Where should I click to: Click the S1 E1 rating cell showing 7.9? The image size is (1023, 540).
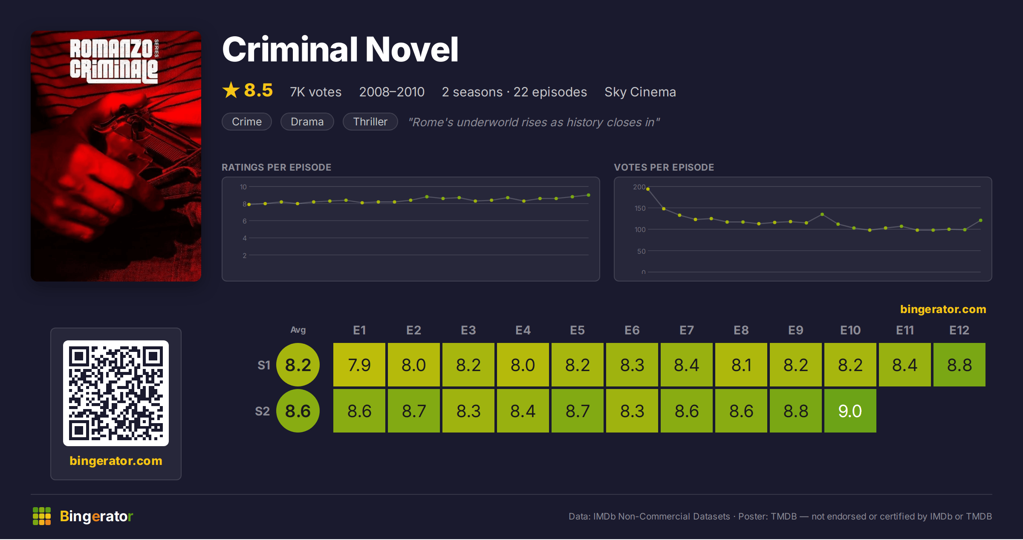tap(359, 365)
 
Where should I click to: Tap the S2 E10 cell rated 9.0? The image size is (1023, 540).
tap(850, 411)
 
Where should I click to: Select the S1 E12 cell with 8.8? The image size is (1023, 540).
tap(959, 365)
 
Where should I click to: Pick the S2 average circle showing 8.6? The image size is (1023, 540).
tap(298, 411)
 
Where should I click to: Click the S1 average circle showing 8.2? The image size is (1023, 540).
tap(298, 365)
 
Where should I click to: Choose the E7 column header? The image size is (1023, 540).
tap(687, 330)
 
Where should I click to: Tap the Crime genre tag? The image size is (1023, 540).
tap(247, 122)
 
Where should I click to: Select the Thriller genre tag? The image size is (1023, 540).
tap(370, 122)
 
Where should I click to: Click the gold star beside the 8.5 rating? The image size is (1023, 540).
tap(231, 90)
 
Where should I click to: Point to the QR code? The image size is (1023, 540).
tap(116, 393)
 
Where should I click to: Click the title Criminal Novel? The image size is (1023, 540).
tap(340, 49)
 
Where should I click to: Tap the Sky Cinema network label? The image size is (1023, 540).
tap(640, 92)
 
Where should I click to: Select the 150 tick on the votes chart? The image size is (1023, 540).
tap(640, 208)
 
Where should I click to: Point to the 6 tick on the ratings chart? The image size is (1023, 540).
tap(245, 221)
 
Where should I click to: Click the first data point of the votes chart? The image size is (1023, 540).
tap(648, 189)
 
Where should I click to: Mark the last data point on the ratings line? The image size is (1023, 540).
tap(589, 195)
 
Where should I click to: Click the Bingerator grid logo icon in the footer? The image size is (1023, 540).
tap(42, 516)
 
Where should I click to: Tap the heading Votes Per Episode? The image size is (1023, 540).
tap(664, 167)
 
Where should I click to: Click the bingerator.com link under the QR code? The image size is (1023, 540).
tap(116, 461)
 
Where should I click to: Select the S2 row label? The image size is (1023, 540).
tap(263, 411)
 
